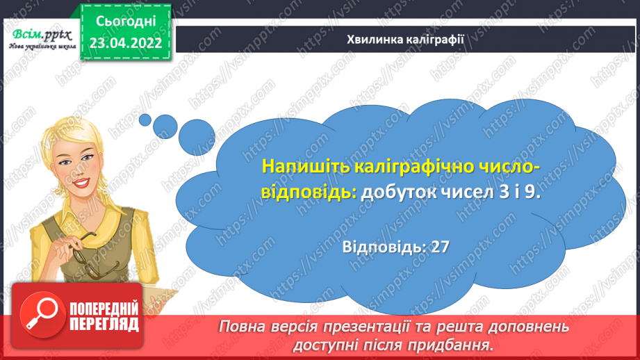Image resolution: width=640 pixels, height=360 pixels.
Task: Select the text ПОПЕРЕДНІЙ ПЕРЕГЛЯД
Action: tap(104, 316)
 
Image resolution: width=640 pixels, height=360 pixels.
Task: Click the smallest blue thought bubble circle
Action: tap(145, 120)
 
